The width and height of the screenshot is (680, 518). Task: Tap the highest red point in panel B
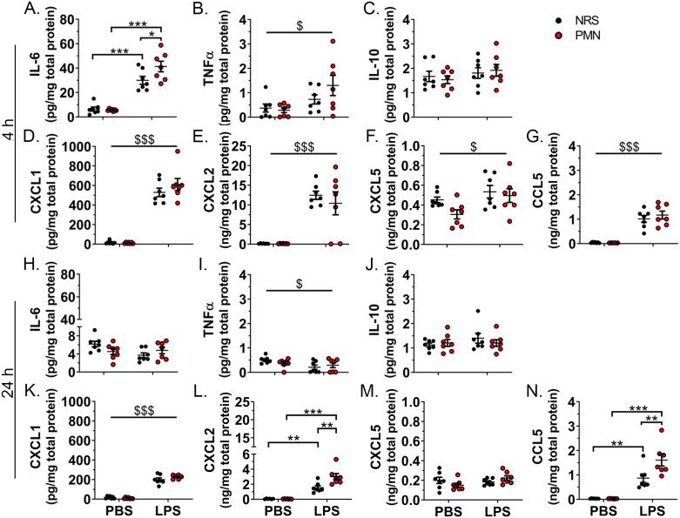tap(331, 40)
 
